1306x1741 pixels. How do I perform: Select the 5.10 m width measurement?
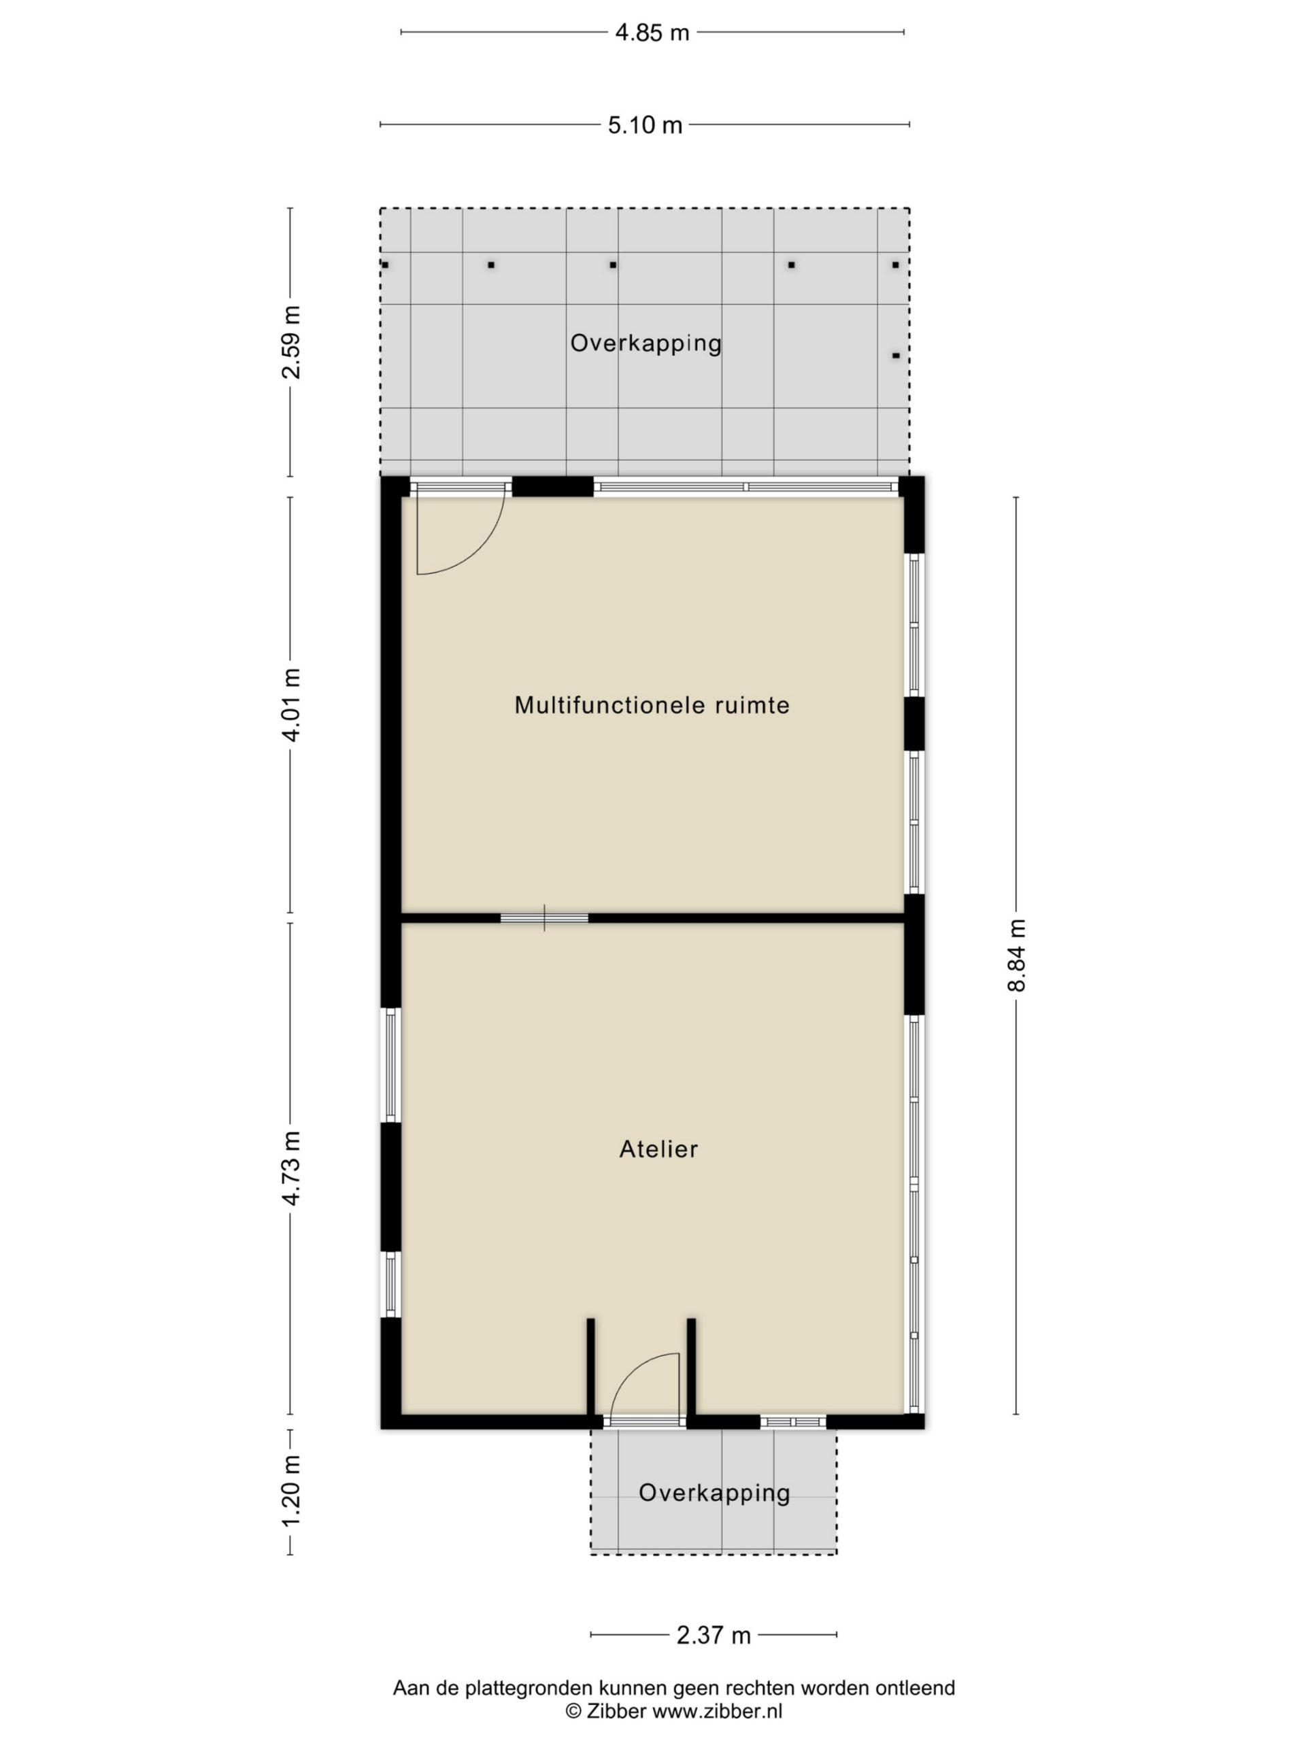(x=645, y=125)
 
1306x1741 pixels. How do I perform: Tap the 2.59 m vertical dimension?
(x=291, y=341)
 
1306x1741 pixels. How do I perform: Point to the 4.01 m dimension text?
(x=291, y=705)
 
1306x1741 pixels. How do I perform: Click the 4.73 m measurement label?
(x=291, y=1169)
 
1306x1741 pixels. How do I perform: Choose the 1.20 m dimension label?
(x=291, y=1491)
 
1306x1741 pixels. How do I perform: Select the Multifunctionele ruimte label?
(x=652, y=705)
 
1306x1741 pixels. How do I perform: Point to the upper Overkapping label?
(x=646, y=343)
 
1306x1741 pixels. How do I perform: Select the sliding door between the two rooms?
(x=544, y=917)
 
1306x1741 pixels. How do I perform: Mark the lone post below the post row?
(x=895, y=356)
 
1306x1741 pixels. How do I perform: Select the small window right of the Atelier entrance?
(x=792, y=1422)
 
